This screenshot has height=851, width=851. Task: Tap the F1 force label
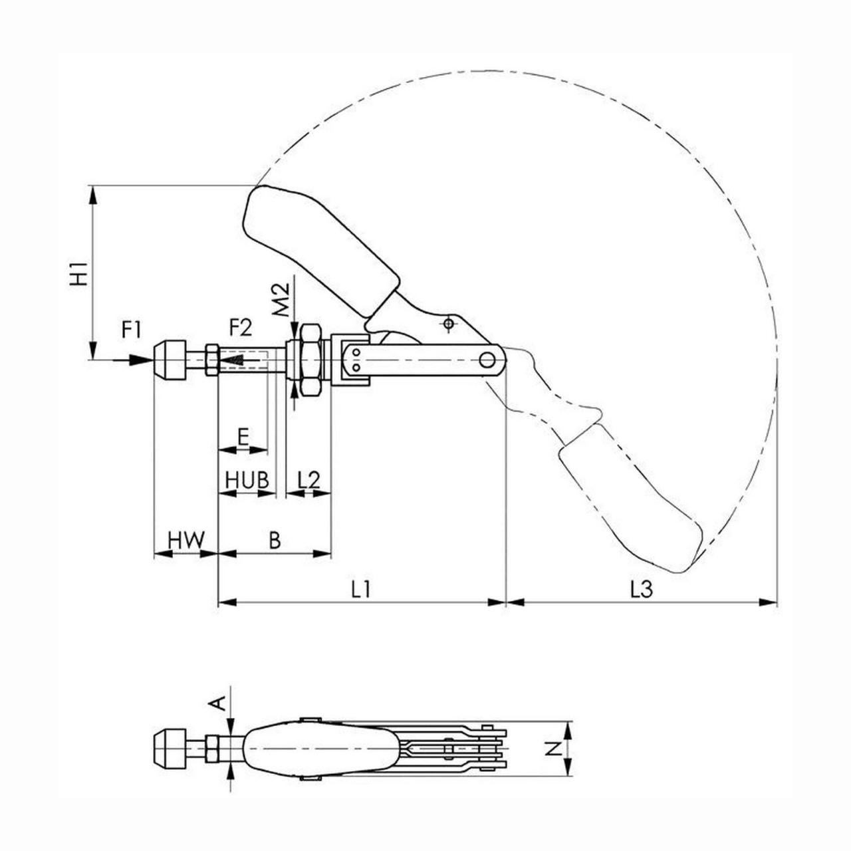click(131, 330)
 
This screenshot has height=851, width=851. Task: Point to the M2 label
click(280, 299)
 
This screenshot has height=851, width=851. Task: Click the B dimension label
click(275, 540)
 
